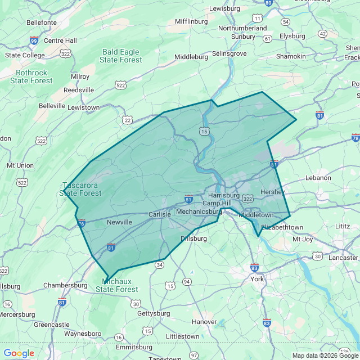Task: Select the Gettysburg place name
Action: click(154, 313)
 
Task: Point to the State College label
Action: click(25, 55)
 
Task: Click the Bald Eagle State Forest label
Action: click(121, 56)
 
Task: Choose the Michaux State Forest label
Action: click(116, 285)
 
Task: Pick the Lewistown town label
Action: click(83, 107)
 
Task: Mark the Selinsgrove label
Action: click(229, 54)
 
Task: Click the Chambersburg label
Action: click(65, 285)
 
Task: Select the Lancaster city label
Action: click(343, 257)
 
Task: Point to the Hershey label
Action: click(273, 192)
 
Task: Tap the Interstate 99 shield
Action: click(34, 40)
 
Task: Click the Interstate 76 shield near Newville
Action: click(82, 223)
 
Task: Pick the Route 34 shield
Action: click(160, 264)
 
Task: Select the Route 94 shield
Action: click(187, 281)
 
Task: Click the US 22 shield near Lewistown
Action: click(128, 119)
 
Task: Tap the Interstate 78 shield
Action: click(355, 138)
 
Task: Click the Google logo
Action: click(19, 353)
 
